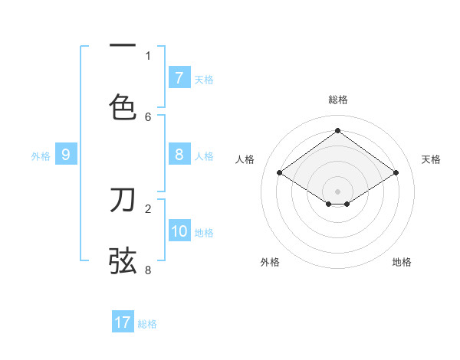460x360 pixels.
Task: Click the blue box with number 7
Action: [179, 77]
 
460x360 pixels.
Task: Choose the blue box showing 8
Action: [179, 155]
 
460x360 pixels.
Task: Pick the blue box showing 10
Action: [179, 231]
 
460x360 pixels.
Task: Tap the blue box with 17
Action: [123, 322]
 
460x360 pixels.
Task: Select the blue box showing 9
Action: [66, 155]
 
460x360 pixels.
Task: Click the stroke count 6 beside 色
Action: [148, 116]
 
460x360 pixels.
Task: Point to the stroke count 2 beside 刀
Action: [148, 208]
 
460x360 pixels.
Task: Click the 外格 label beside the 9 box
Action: [41, 155]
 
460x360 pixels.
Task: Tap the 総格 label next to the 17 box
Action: [147, 323]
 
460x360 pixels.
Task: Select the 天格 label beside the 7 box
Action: [204, 79]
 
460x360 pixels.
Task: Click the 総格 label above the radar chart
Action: [337, 100]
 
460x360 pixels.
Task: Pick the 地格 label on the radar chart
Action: [402, 262]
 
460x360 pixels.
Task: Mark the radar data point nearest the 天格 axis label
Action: [396, 173]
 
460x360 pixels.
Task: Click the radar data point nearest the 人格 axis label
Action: [279, 173]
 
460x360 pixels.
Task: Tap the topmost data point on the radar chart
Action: [337, 131]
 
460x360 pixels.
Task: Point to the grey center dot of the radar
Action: [337, 191]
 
